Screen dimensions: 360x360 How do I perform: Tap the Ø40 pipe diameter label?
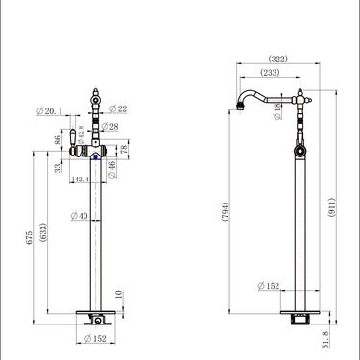pos(81,216)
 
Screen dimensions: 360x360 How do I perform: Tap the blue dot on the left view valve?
pos(92,151)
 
